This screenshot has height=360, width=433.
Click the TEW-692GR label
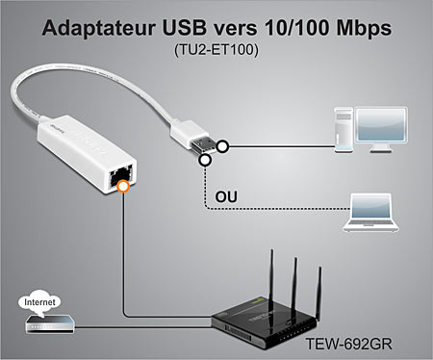tap(357, 344)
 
